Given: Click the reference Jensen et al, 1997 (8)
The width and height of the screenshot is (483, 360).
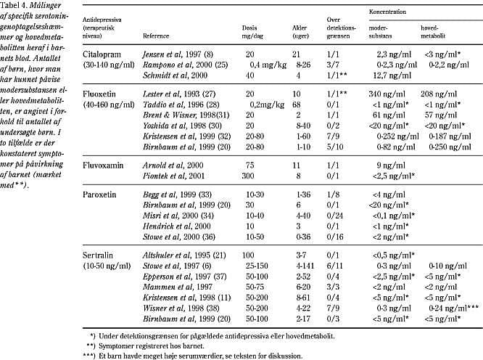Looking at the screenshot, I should pos(171,55).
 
